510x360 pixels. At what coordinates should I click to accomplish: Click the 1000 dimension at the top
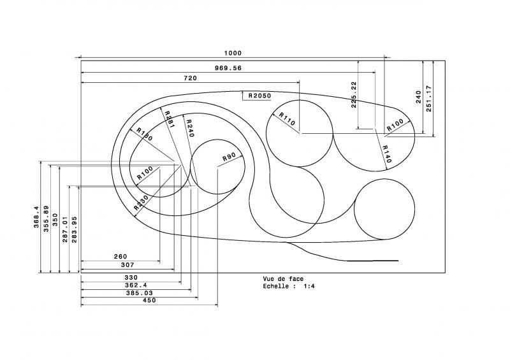232,53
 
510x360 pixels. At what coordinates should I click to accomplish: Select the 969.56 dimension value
228,67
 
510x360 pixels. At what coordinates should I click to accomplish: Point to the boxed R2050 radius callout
259,96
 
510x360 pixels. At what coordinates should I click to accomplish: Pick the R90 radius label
229,158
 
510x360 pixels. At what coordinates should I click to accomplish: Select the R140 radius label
386,153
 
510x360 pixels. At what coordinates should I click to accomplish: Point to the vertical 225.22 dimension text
354,95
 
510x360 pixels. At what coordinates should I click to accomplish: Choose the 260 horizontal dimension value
120,257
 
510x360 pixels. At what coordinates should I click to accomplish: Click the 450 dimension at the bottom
150,300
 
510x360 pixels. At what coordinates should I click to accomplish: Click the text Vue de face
283,279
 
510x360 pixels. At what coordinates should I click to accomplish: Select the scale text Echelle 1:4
289,287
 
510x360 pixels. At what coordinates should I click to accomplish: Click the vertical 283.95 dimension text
74,227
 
